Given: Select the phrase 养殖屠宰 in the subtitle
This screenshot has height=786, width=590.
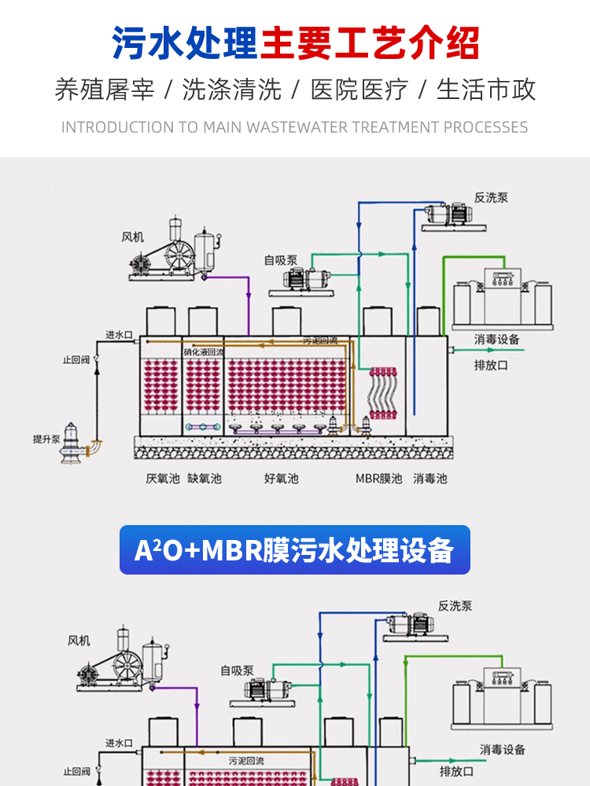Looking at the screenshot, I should click(x=105, y=90).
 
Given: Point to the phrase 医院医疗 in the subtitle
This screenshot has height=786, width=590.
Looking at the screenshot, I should click(x=360, y=90).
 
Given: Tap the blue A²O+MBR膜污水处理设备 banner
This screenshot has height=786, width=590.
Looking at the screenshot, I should click(x=295, y=549).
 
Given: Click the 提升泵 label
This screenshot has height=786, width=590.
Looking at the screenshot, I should click(x=46, y=439).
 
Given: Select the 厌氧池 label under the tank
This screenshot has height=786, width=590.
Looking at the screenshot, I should click(x=163, y=478).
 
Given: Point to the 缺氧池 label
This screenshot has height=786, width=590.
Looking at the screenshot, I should click(x=204, y=478).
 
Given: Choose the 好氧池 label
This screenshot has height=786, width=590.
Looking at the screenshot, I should click(x=281, y=478).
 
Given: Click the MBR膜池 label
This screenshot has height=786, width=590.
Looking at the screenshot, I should click(x=378, y=478).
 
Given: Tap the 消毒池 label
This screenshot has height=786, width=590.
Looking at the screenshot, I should click(x=430, y=478).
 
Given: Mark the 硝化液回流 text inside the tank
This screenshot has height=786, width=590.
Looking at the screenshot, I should click(x=204, y=352).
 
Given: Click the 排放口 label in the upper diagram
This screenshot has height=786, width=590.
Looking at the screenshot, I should click(x=491, y=365).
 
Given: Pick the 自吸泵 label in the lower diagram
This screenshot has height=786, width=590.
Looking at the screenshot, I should click(x=237, y=670).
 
